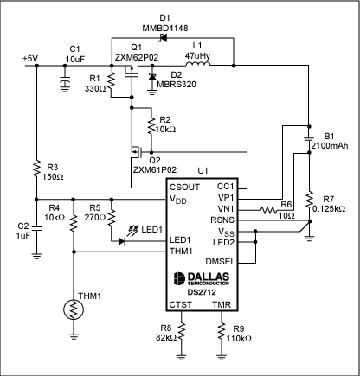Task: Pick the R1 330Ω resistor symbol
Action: pos(111,86)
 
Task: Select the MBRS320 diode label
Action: pos(159,86)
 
